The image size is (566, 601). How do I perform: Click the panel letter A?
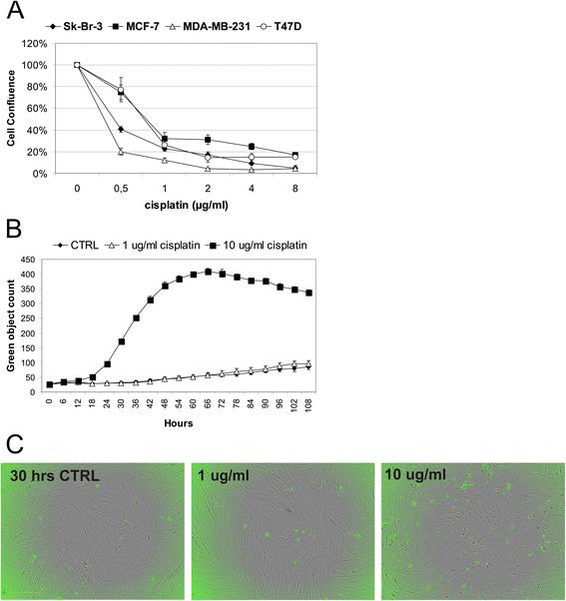click(14, 13)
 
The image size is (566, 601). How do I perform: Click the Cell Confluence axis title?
click(12, 108)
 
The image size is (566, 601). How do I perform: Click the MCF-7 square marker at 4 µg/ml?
click(252, 147)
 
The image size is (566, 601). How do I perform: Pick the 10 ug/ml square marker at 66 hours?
click(208, 272)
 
